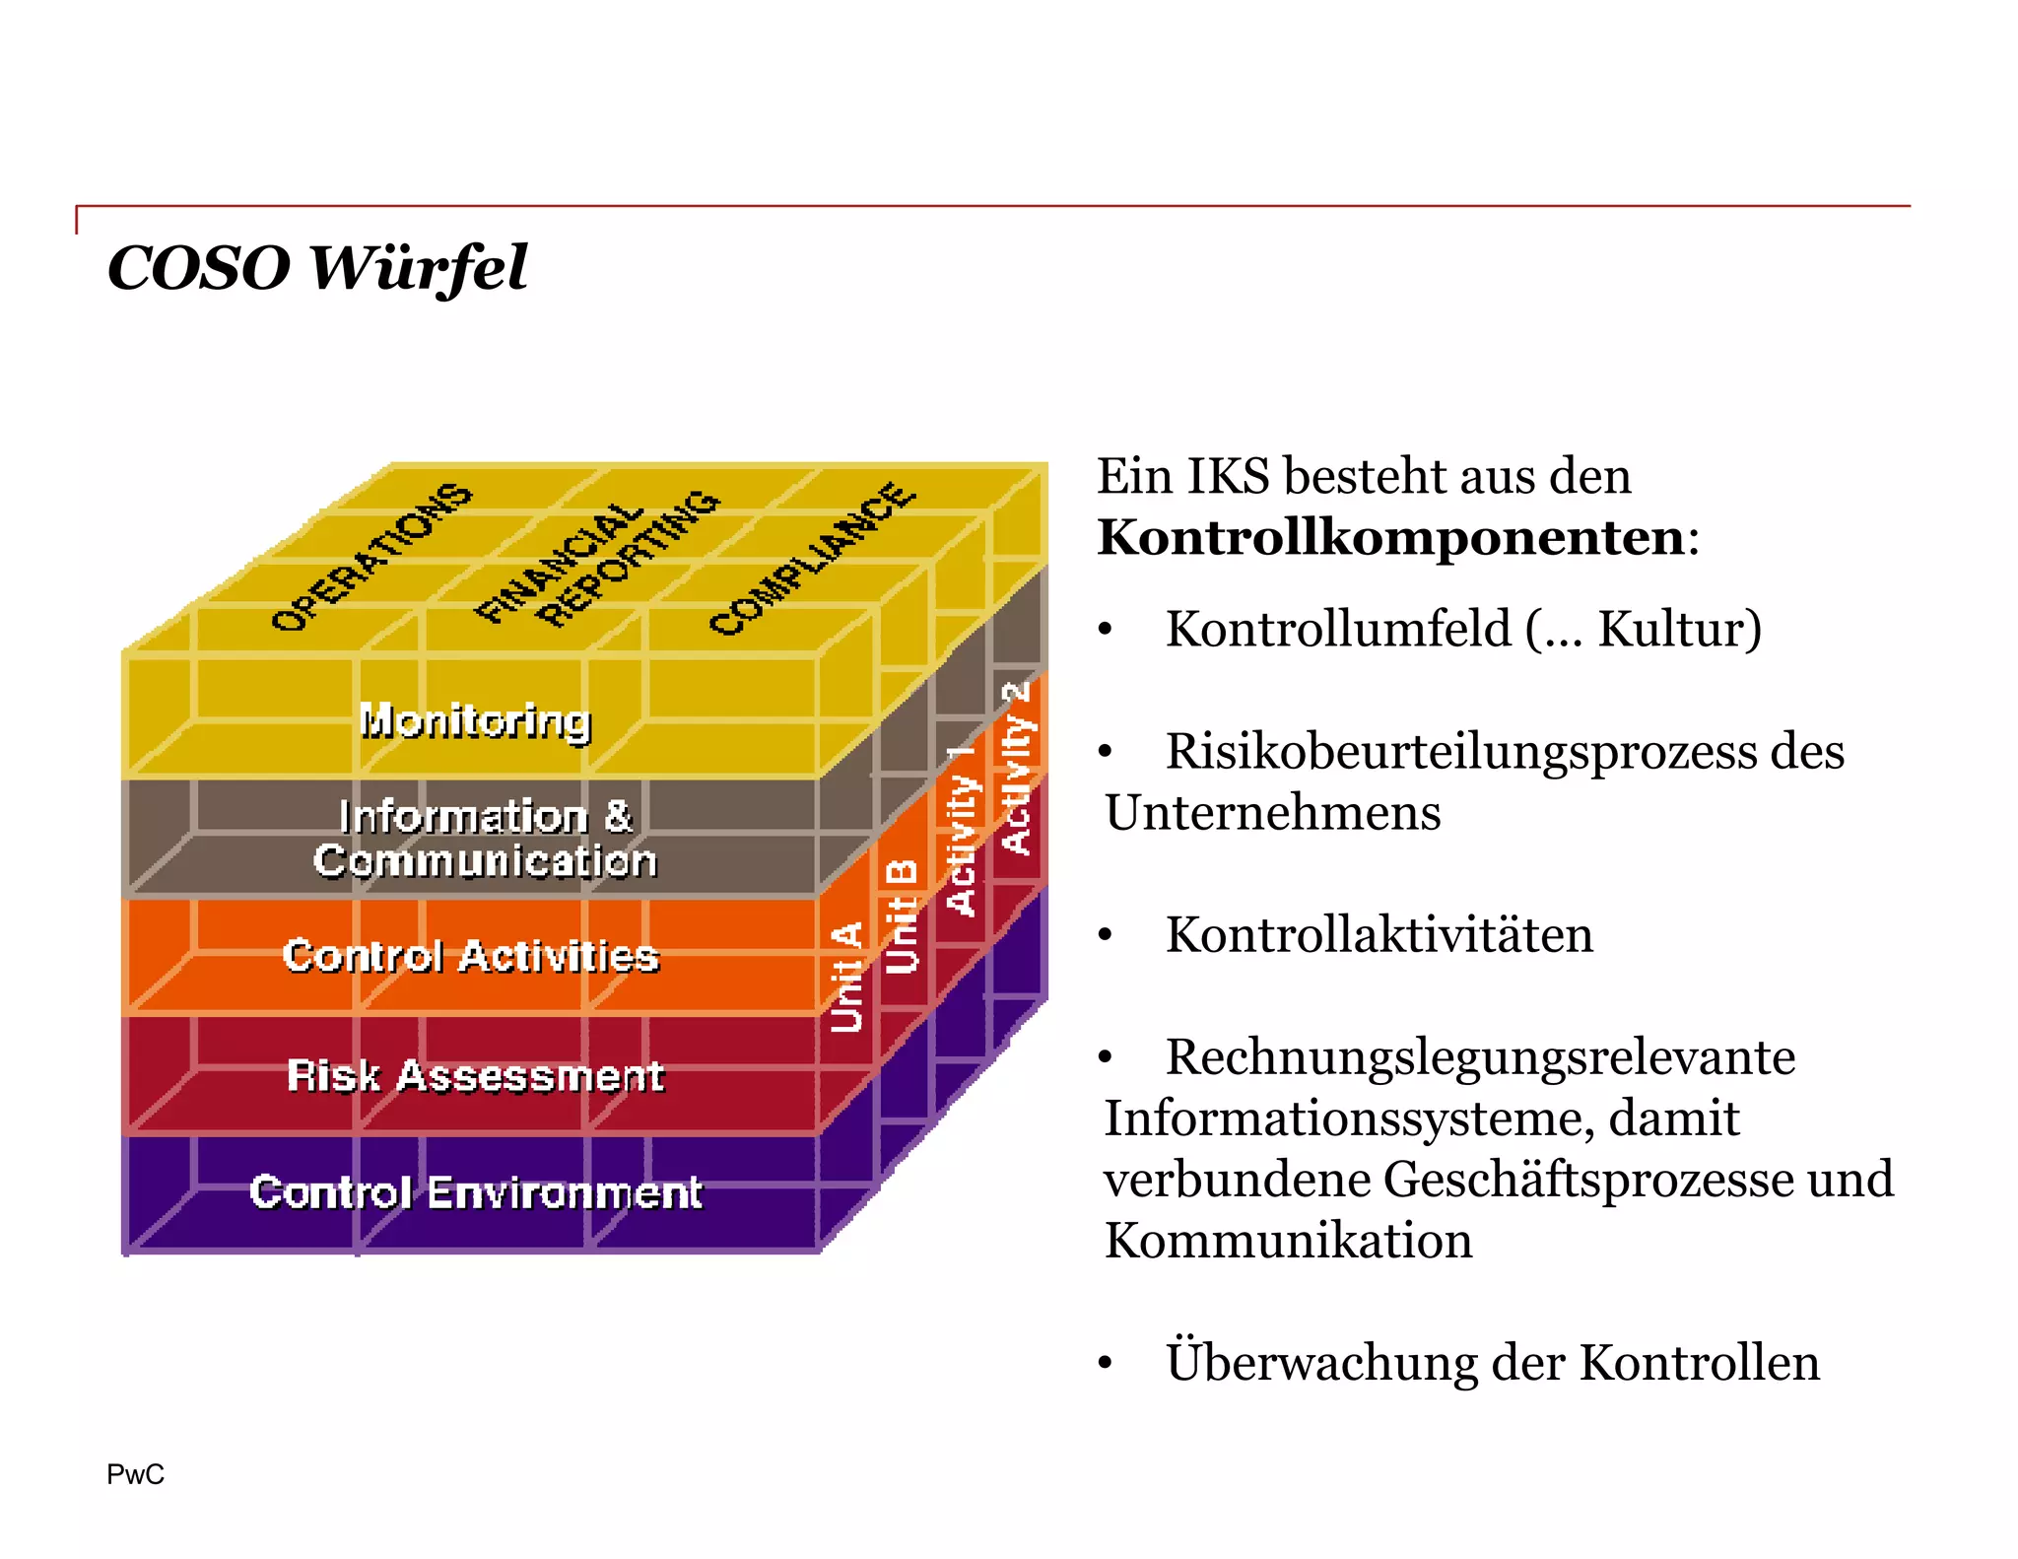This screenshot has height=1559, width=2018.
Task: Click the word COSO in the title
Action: [198, 268]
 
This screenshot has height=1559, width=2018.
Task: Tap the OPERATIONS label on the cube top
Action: [371, 558]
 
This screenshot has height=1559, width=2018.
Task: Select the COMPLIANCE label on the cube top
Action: [812, 559]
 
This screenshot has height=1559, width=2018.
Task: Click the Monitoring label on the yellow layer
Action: [475, 721]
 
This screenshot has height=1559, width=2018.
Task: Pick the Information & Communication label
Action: [485, 839]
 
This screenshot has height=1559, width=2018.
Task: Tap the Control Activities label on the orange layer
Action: [470, 956]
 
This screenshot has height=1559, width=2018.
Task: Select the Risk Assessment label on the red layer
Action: [475, 1075]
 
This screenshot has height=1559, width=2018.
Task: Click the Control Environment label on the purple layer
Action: [475, 1192]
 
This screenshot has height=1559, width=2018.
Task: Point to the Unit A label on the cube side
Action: [847, 977]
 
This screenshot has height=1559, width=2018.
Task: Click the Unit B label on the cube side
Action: [902, 915]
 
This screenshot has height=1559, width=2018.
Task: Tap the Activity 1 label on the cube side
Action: [961, 830]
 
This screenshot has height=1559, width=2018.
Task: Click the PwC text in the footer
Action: [135, 1474]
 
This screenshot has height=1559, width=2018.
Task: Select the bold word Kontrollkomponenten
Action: [1390, 538]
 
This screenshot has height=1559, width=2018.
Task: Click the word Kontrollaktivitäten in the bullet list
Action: [1379, 934]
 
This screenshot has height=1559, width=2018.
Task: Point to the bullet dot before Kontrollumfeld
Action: [1106, 630]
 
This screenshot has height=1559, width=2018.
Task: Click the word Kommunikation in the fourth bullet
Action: [1288, 1240]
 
